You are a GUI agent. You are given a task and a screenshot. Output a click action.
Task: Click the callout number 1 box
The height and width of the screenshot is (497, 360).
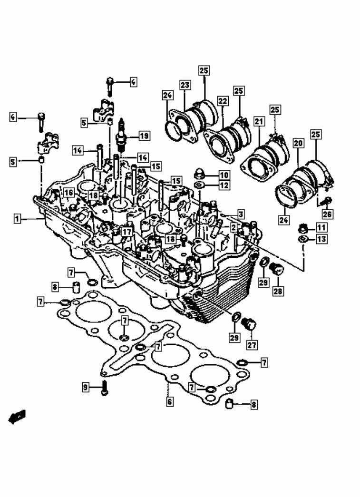pos(17,219)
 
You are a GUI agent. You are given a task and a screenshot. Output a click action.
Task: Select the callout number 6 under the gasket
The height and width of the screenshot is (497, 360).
pos(169,402)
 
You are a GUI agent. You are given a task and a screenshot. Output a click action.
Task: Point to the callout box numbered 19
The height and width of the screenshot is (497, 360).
pos(144,136)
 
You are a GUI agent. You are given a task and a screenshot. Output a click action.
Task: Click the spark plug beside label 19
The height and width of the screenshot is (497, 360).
pos(121,135)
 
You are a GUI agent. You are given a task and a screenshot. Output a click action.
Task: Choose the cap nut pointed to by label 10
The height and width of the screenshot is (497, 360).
pos(199,174)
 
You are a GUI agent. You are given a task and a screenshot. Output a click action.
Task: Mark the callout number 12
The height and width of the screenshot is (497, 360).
pos(224,185)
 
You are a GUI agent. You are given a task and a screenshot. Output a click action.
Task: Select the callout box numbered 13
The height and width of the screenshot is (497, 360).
pos(321,239)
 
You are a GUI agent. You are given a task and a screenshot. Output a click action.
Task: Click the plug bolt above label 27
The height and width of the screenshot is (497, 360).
pos(248,325)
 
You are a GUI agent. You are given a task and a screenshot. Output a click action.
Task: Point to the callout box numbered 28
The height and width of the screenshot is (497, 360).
pos(277,290)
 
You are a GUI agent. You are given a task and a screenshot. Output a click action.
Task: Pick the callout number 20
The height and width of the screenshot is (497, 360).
pos(298,142)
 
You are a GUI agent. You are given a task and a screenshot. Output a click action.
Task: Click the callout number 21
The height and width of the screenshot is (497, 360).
pos(258,122)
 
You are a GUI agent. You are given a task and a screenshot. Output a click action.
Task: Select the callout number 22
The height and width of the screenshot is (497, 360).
pos(223,101)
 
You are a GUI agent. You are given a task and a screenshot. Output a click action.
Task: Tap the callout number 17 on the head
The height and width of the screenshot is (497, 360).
pos(126,232)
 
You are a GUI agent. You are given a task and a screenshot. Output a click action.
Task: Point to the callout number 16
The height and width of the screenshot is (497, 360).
pos(68,193)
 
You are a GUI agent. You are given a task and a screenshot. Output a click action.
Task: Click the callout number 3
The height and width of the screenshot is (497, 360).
pos(241,214)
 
